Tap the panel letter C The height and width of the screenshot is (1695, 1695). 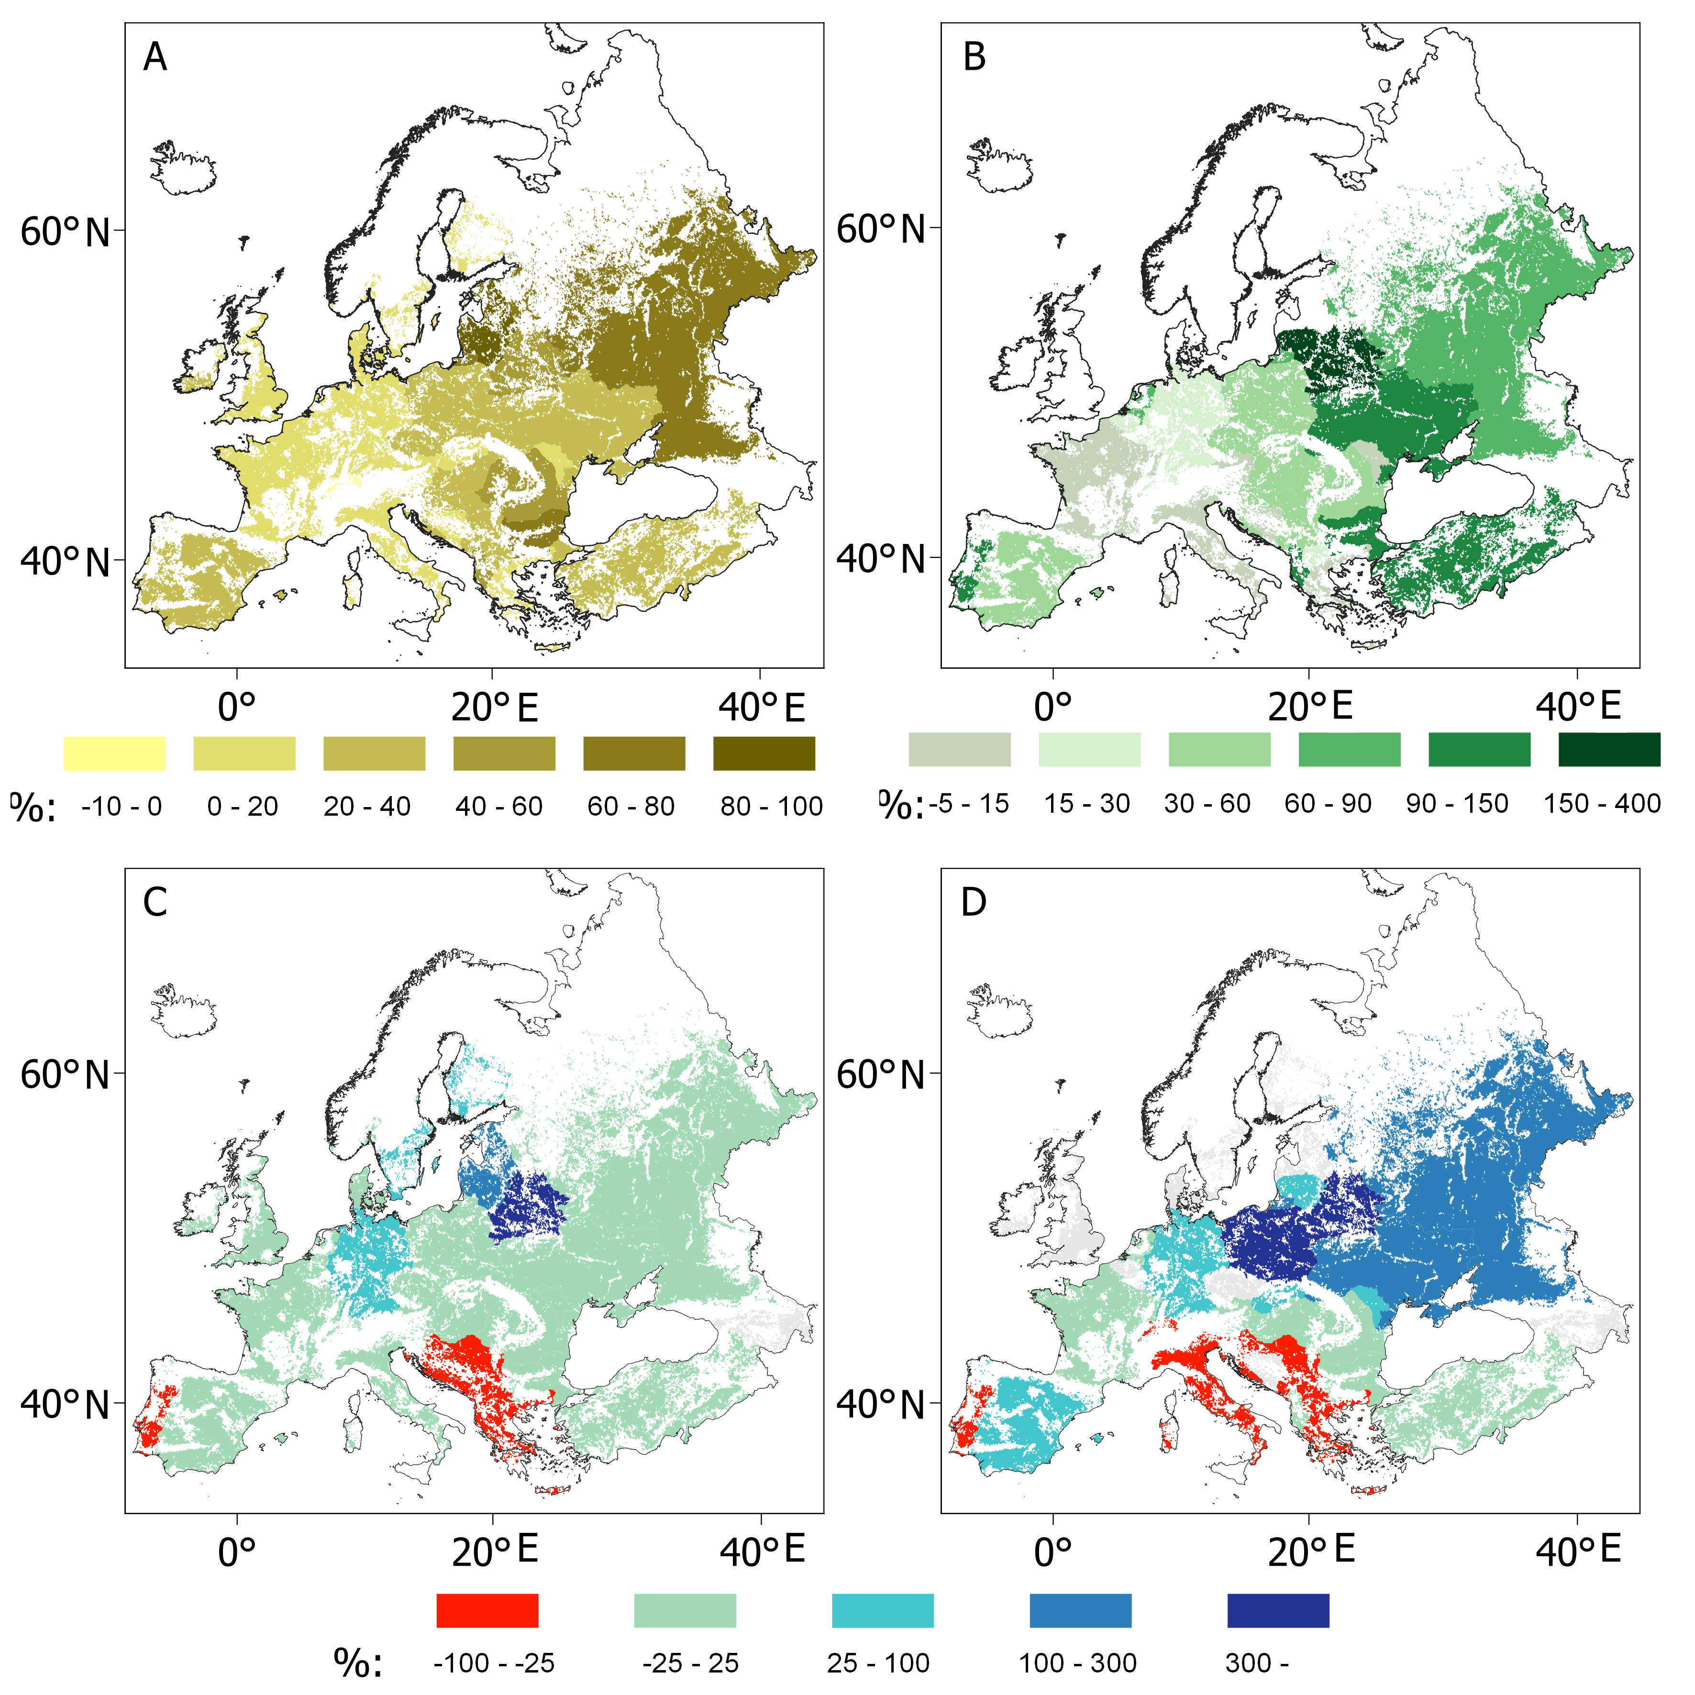[155, 902]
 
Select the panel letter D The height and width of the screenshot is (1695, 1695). [974, 902]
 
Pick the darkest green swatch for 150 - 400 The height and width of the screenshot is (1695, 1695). [1609, 749]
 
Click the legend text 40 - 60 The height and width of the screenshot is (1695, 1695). [499, 806]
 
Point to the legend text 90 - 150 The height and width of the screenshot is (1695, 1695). [1456, 804]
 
